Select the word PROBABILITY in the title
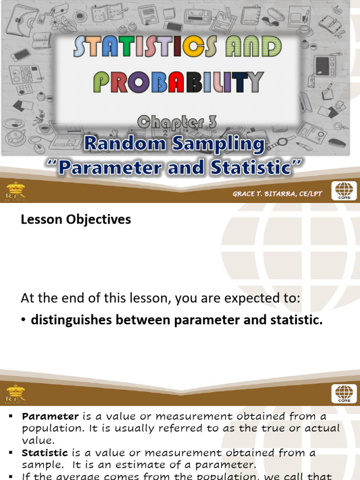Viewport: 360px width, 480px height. click(178, 83)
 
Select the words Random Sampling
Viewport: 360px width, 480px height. click(174, 144)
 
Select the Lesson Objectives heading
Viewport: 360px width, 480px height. click(76, 219)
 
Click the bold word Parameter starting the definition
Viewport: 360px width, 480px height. click(51, 416)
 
